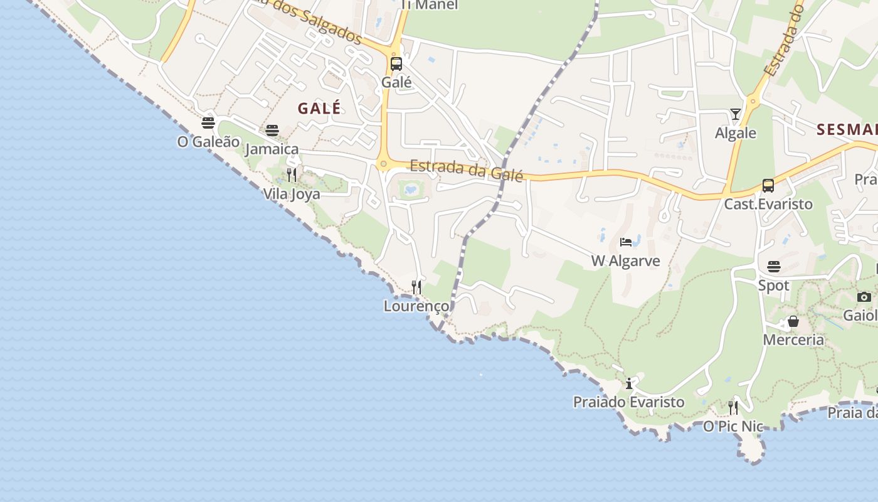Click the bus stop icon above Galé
pyautogui.click(x=396, y=63)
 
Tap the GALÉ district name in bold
pyautogui.click(x=319, y=108)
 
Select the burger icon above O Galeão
pyautogui.click(x=208, y=122)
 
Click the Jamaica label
pyautogui.click(x=272, y=149)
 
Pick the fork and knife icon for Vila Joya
pyautogui.click(x=291, y=174)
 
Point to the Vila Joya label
pyautogui.click(x=292, y=194)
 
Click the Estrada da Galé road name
pyautogui.click(x=466, y=170)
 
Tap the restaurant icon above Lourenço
pyautogui.click(x=416, y=287)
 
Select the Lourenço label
pyautogui.click(x=416, y=306)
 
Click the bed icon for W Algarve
pyautogui.click(x=626, y=242)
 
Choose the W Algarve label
pyautogui.click(x=625, y=261)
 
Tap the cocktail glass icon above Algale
pyautogui.click(x=736, y=114)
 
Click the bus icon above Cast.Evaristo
pyautogui.click(x=768, y=185)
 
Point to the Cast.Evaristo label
pyautogui.click(x=768, y=204)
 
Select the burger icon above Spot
pyautogui.click(x=774, y=267)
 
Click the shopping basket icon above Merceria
pyautogui.click(x=793, y=321)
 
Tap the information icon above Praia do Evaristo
pyautogui.click(x=629, y=383)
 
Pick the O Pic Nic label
pyautogui.click(x=733, y=427)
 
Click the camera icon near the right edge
pyautogui.click(x=864, y=297)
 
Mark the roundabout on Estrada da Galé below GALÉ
pyautogui.click(x=384, y=164)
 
